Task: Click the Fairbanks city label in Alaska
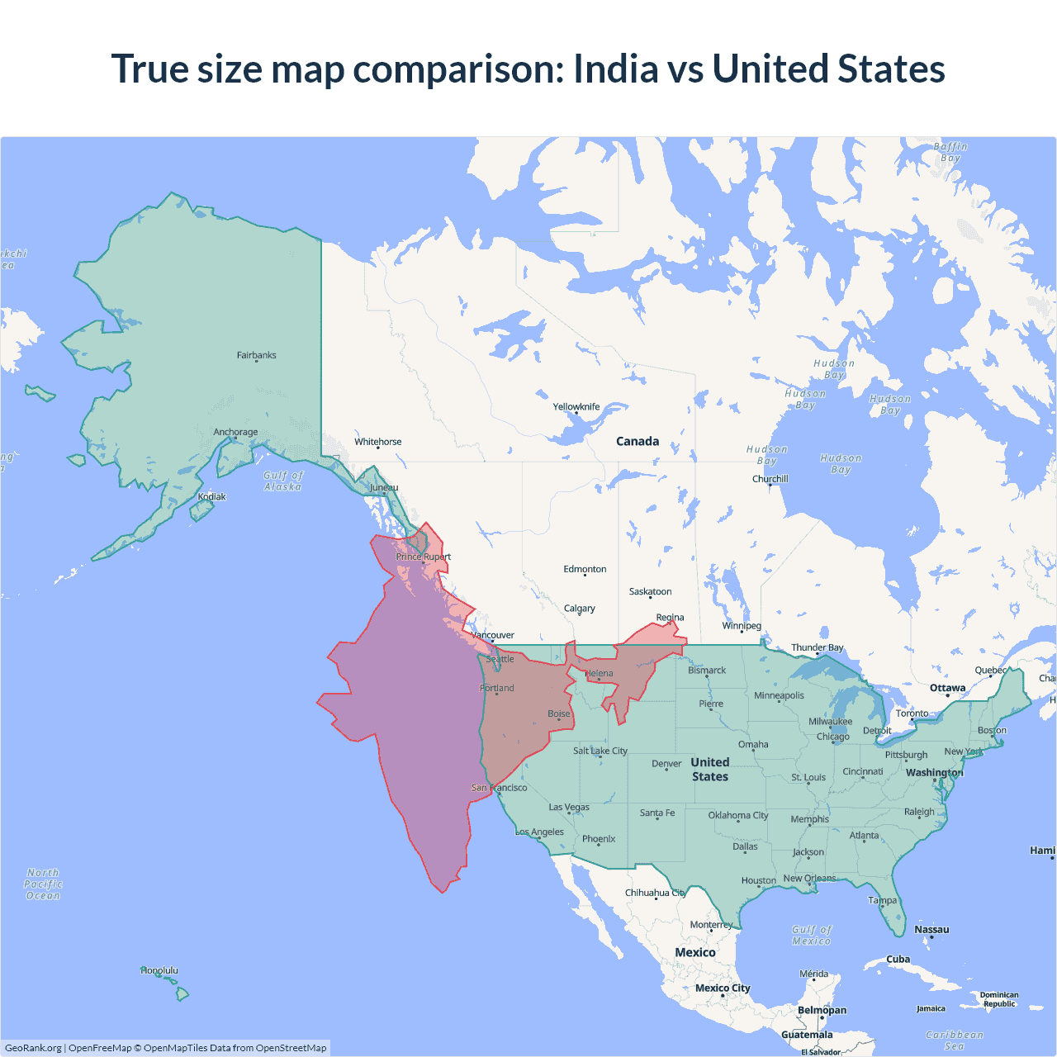point(256,355)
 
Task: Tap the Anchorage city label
point(235,432)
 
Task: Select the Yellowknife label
point(576,406)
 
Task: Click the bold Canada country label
point(638,441)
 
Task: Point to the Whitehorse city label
point(377,442)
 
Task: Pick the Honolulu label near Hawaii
point(159,970)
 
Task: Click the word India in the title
point(614,69)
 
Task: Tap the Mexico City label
point(723,988)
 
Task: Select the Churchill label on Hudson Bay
point(770,479)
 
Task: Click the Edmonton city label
point(585,569)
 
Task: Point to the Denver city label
point(666,764)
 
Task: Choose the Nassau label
point(931,929)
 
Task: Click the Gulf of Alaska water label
point(283,481)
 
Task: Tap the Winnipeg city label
point(742,625)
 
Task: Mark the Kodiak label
point(211,496)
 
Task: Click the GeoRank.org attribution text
point(33,1048)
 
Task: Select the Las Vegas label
point(569,807)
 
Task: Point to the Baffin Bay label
point(950,152)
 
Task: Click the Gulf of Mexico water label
point(812,935)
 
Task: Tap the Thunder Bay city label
point(818,647)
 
